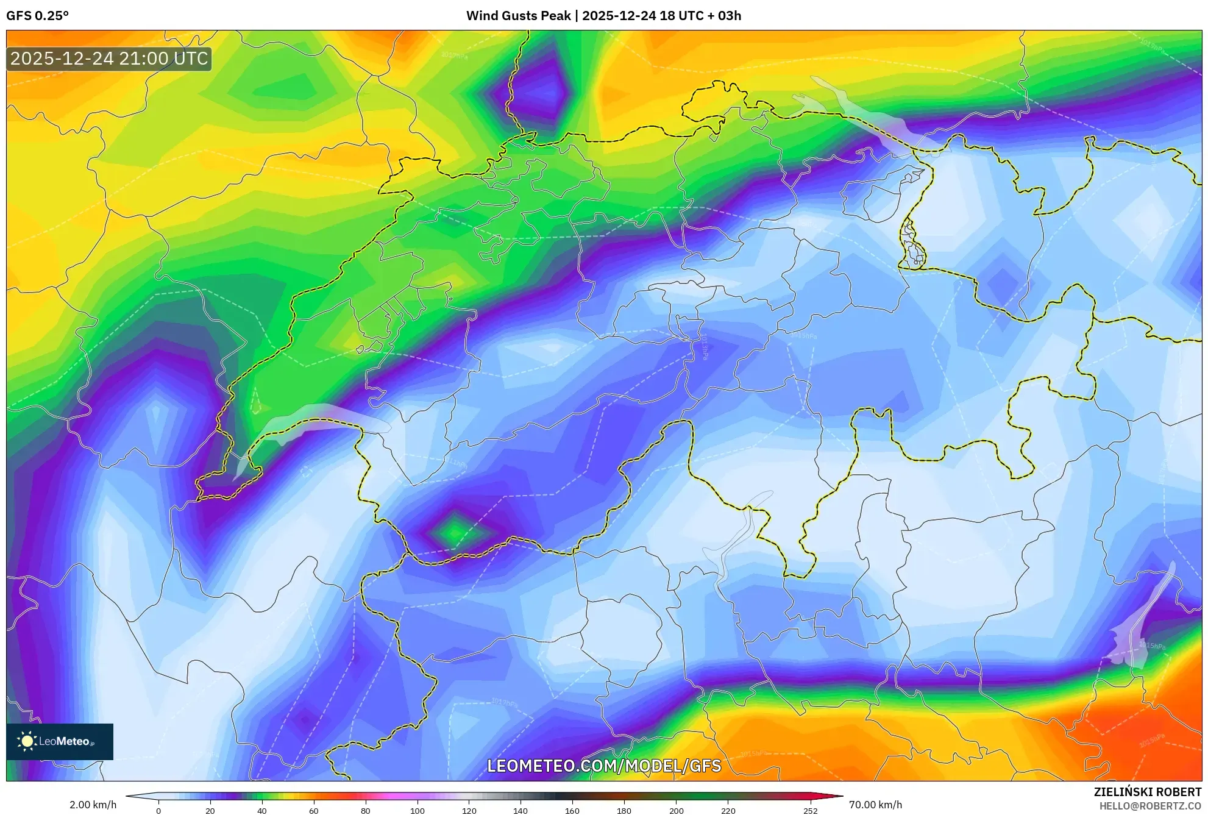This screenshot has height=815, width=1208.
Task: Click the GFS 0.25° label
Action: pos(37,16)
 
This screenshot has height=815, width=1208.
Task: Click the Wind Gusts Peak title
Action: pos(603,16)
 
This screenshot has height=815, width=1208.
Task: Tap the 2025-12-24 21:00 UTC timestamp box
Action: pos(109,59)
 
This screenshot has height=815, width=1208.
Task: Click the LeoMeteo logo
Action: pos(60,741)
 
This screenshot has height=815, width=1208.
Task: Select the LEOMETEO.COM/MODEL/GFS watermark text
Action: pos(604,766)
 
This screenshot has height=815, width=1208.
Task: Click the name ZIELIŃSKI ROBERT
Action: pos(1147,792)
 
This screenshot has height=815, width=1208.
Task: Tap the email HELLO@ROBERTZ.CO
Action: pos(1150,806)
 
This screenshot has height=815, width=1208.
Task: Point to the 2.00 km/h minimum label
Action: pos(93,805)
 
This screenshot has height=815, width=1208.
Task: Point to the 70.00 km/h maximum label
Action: pos(875,805)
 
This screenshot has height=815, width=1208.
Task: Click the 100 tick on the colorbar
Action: pos(417,811)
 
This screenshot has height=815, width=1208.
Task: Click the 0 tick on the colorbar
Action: pos(158,811)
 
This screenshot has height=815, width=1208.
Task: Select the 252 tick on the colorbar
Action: pos(810,811)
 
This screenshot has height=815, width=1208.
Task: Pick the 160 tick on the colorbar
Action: pos(572,811)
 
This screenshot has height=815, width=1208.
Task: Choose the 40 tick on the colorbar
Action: pos(261,811)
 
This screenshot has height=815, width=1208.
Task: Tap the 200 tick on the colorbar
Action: pos(676,811)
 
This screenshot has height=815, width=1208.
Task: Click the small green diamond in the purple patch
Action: pos(454,533)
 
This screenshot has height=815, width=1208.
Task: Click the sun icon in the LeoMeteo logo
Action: pos(27,741)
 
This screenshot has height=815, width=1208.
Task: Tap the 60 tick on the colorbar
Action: pos(313,811)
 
